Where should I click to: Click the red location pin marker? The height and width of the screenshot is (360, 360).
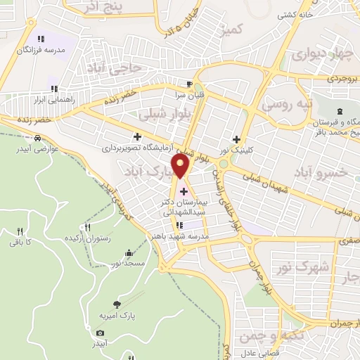pyautogui.click(x=182, y=166)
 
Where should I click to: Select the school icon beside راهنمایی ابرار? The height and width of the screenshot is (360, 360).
pyautogui.click(x=53, y=89)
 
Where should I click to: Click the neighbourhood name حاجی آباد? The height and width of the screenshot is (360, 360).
pyautogui.click(x=115, y=67)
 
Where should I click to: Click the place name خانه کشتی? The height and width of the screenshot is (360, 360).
pyautogui.click(x=295, y=14)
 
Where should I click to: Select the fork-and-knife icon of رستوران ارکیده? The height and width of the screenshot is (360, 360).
pyautogui.click(x=88, y=227)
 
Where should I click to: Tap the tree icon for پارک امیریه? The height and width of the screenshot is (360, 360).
pyautogui.click(x=117, y=304)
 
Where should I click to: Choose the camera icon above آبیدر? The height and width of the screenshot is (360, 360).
pyautogui.click(x=100, y=333)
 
